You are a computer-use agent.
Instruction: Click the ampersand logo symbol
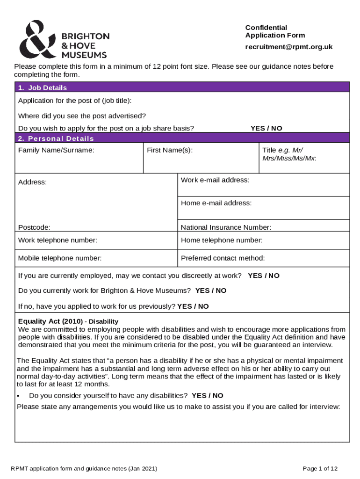tap(38, 39)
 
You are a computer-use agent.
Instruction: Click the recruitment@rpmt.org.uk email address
tap(289, 47)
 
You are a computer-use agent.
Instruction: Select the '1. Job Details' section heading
tap(43, 87)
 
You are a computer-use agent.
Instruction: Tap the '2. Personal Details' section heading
tap(56, 138)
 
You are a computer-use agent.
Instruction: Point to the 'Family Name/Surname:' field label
tap(56, 150)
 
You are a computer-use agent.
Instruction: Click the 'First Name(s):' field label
tap(170, 150)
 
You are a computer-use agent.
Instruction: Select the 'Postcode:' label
tap(34, 227)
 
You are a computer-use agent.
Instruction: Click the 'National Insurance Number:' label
tap(226, 227)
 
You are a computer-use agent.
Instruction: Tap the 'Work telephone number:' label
tap(58, 240)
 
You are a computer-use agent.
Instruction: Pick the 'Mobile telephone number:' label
tap(60, 258)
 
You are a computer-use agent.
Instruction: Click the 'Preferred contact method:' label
tap(223, 258)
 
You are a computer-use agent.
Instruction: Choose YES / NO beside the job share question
tap(266, 128)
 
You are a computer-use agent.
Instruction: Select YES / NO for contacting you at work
tap(264, 276)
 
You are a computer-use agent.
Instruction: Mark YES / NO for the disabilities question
tap(208, 395)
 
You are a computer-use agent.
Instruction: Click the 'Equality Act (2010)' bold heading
tap(50, 321)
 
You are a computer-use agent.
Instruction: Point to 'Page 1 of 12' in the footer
tap(320, 468)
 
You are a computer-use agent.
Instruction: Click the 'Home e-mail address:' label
tap(216, 203)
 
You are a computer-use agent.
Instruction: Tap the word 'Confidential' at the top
tap(266, 27)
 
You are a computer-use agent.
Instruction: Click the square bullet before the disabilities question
tap(19, 396)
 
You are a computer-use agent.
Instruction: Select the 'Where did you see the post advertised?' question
tap(82, 116)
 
